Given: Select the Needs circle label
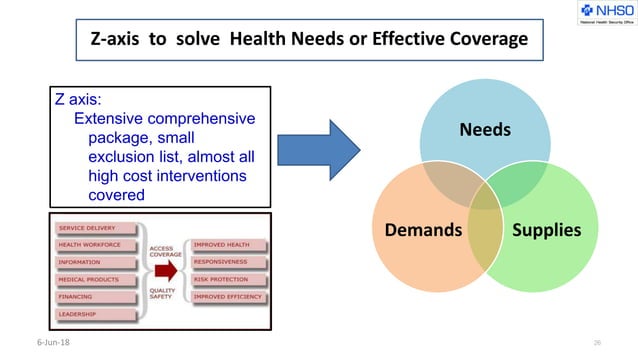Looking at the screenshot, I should click(x=485, y=130).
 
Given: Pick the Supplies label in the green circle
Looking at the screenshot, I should click(x=546, y=229).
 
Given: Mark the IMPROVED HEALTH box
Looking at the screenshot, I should click(x=229, y=244).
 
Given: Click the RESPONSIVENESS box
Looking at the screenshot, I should click(x=229, y=261).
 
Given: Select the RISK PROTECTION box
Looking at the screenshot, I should click(x=229, y=279).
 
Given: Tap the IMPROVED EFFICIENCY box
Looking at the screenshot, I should click(x=229, y=296).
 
